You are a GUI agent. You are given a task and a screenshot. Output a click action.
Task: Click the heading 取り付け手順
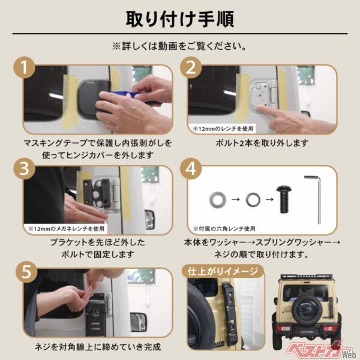pyautogui.click(x=179, y=18)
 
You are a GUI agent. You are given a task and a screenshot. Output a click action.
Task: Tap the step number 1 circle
pyautogui.click(x=24, y=70)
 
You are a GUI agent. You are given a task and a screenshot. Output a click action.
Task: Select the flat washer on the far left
pyautogui.click(x=215, y=198)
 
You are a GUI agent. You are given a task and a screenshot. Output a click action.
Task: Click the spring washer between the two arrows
pyautogui.click(x=253, y=198)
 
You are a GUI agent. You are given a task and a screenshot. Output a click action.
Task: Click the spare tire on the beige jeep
pyautogui.click(x=307, y=308)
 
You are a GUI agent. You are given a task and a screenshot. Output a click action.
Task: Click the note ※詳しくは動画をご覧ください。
pyautogui.click(x=179, y=46)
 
